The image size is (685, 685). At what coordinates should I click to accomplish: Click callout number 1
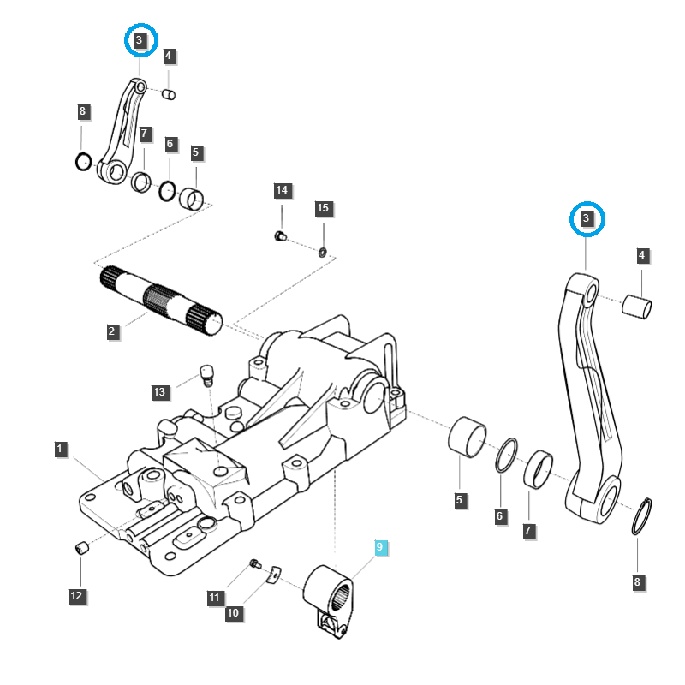click(60, 449)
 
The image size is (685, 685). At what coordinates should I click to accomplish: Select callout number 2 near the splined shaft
click(112, 331)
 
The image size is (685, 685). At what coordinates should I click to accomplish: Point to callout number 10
click(232, 613)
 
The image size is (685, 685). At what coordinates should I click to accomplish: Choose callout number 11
click(214, 596)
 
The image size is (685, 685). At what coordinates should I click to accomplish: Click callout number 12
click(76, 595)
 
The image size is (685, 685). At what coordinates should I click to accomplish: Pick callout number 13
click(159, 392)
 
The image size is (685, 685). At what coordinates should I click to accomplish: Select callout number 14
click(283, 189)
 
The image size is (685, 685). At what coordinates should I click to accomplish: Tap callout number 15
click(323, 208)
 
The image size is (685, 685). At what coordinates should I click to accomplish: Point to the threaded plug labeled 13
click(205, 374)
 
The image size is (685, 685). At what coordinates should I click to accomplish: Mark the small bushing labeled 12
click(82, 548)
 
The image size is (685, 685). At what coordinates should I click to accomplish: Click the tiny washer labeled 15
click(322, 252)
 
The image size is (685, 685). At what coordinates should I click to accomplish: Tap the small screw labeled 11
click(254, 563)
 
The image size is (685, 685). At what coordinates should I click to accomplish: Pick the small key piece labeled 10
click(273, 574)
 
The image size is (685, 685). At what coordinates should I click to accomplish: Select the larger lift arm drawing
click(591, 394)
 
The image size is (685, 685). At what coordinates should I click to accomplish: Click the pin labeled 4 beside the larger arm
click(637, 304)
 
